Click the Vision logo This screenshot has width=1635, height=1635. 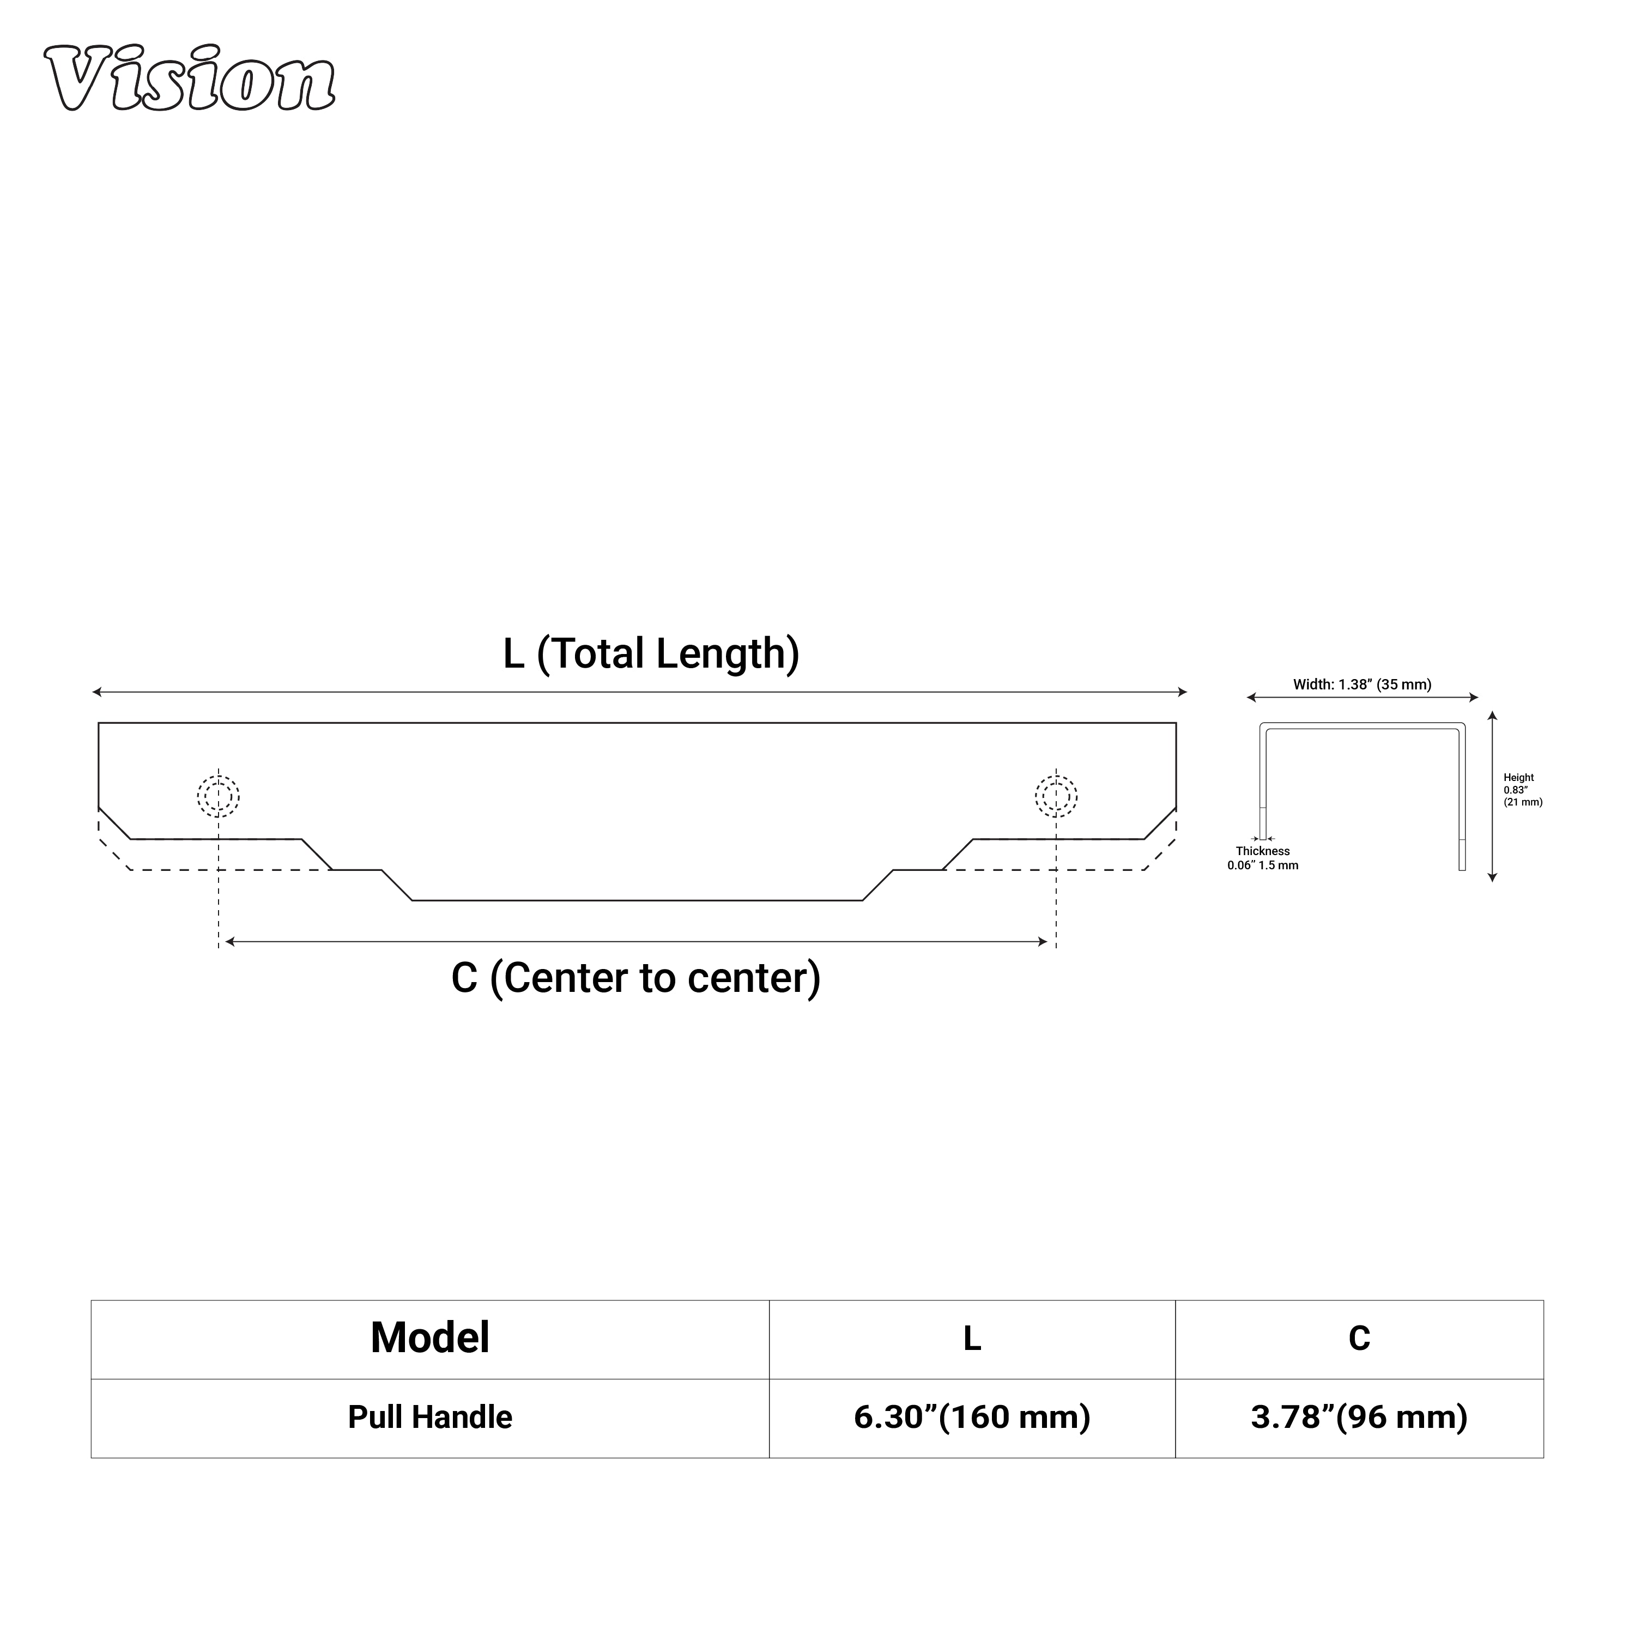point(190,78)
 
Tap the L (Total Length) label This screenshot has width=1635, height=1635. point(651,654)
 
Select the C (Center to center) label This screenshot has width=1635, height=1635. point(635,978)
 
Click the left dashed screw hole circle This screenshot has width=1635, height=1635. point(219,796)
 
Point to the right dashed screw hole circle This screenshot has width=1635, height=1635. point(1056,796)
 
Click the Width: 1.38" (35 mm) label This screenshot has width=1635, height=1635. point(1361,685)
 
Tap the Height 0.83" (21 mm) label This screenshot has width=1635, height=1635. point(1522,790)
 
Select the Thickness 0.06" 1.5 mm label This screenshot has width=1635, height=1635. point(1263,858)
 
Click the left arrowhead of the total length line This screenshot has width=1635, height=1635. point(96,692)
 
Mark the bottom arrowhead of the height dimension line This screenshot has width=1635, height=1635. point(1493,877)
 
